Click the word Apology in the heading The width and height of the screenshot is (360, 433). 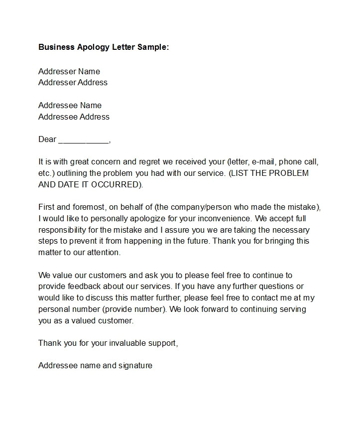coord(96,47)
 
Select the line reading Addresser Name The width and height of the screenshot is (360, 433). coord(69,71)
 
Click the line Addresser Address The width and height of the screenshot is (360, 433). coord(73,82)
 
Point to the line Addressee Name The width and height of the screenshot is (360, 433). coord(70,105)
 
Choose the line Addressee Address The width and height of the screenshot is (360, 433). coord(74,117)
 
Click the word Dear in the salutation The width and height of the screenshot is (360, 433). coord(47,139)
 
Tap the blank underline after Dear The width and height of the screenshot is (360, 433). coord(83,140)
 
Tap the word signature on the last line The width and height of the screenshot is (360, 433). coord(135,365)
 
